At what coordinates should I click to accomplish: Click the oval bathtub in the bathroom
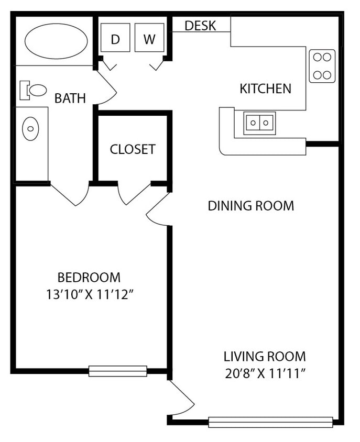point(56,41)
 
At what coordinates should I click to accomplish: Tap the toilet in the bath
point(34,90)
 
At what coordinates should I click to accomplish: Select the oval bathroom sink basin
point(30,128)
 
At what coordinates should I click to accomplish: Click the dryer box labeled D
point(115,38)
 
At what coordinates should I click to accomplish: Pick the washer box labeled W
point(149,38)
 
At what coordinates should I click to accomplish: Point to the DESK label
point(200,25)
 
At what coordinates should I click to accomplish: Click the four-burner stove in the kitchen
point(322,66)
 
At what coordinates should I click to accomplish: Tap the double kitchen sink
point(259,123)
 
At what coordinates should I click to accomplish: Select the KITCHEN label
point(265,89)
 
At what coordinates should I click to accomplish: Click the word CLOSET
point(133,149)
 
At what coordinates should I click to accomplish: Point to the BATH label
point(70,98)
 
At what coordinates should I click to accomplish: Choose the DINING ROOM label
point(251,206)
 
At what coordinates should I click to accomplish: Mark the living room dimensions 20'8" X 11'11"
point(265,374)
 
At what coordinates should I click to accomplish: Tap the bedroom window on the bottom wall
point(117,371)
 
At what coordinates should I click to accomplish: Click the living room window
point(270,422)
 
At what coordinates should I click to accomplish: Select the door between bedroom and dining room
point(158,210)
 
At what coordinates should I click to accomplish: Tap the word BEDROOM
point(89,277)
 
